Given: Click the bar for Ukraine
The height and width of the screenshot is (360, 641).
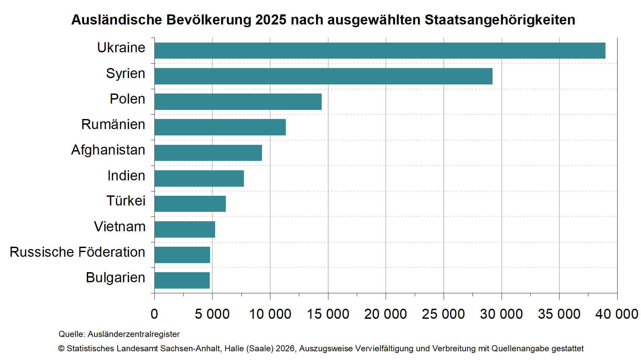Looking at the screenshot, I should click(380, 51).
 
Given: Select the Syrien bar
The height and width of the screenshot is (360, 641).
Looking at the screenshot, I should click(323, 76).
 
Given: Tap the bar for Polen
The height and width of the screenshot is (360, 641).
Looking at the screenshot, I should click(238, 102).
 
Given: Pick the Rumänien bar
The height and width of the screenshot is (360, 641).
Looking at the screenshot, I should click(220, 127).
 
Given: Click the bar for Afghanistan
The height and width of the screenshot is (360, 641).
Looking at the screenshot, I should click(208, 153).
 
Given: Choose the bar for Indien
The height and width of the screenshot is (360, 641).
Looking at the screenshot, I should click(199, 178).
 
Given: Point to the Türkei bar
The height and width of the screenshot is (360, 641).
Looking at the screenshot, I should click(190, 204).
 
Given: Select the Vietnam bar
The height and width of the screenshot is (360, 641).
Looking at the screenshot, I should click(185, 229).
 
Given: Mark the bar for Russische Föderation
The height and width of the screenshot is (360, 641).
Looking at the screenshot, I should click(182, 255).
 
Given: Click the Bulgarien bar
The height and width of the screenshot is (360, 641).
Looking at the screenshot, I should click(182, 280).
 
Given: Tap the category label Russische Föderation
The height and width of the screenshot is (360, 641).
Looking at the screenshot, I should click(77, 252).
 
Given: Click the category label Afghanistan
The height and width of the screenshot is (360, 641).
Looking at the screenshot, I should click(108, 150).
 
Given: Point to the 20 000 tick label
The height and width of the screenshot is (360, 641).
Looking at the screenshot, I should click(385, 314).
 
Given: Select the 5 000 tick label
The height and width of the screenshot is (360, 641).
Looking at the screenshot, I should click(212, 314).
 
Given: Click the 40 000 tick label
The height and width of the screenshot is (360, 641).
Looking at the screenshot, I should click(617, 314).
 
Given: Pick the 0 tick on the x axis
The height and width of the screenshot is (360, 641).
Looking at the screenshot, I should click(154, 314).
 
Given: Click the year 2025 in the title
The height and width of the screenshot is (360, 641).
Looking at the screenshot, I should click(271, 20).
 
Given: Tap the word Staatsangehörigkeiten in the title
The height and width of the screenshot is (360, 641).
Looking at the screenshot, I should click(500, 20).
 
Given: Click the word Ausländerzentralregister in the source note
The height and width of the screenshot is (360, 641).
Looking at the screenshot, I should click(134, 334).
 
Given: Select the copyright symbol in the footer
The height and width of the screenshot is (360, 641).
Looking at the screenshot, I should click(61, 349).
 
